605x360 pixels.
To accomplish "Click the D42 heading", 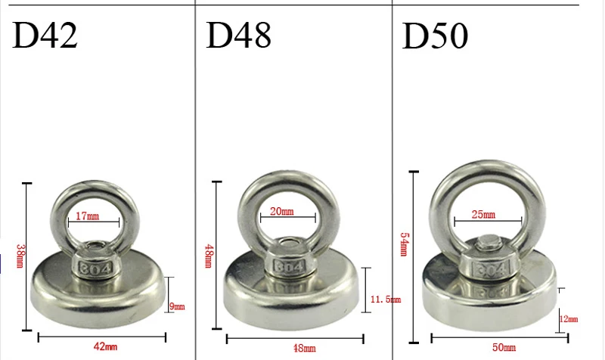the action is tap(45, 35).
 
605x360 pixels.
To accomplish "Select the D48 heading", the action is tap(239, 35).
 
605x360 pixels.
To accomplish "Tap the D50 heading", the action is tap(436, 36).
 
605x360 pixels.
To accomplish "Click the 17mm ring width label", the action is tap(87, 216).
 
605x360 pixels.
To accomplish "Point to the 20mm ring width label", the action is tap(281, 211).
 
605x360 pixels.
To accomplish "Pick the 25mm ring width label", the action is tap(483, 214).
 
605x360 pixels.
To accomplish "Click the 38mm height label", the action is tap(20, 256).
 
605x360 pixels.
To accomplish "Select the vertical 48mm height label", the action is tap(209, 256).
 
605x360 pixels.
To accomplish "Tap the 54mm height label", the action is tap(404, 244).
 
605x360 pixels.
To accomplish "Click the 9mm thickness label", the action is tap(177, 307).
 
